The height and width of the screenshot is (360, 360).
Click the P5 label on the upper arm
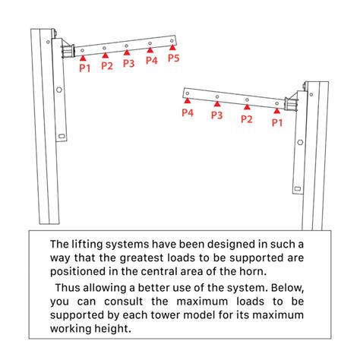(x=173, y=58)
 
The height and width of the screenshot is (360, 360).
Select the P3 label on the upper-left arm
(x=128, y=64)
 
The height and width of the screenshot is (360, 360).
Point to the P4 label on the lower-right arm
(x=188, y=113)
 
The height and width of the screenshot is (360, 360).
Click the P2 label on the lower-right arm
(x=246, y=118)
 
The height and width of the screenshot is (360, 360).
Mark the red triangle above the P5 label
(x=173, y=49)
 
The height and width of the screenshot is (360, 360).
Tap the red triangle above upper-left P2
(x=105, y=55)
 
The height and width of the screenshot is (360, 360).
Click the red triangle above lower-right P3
(x=216, y=105)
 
